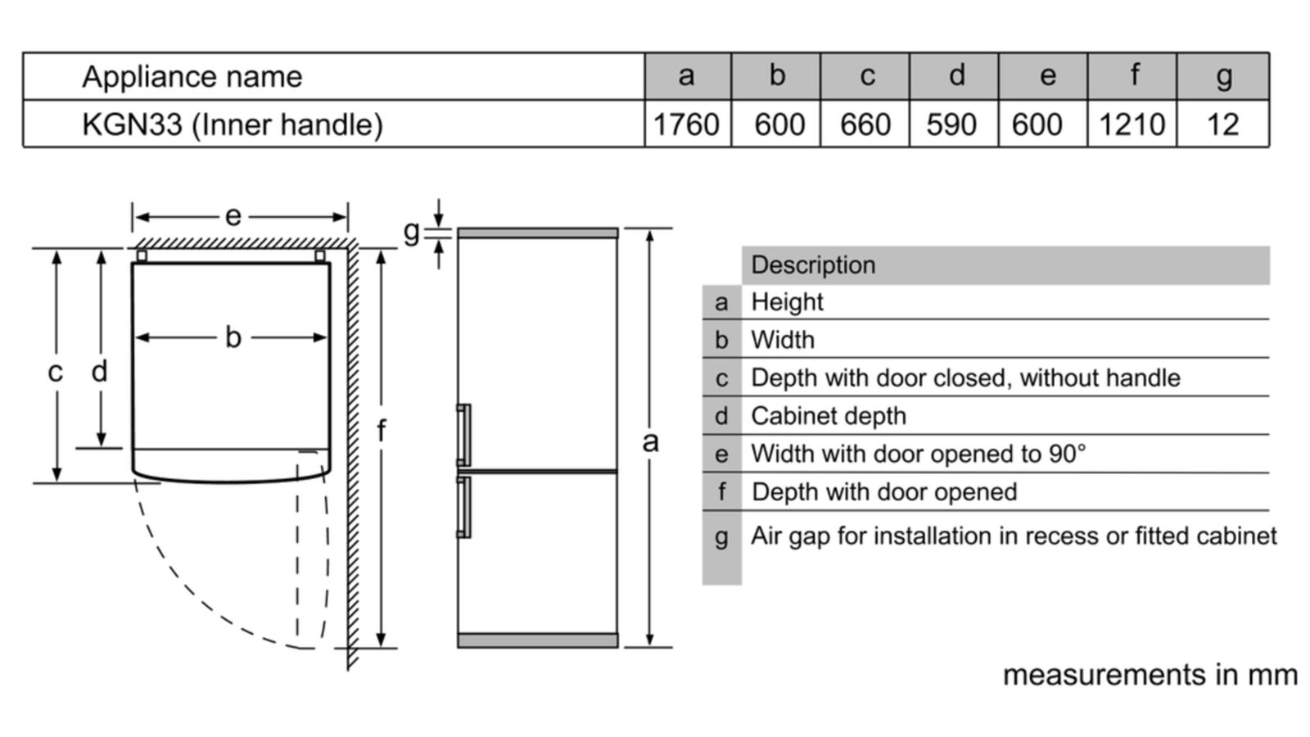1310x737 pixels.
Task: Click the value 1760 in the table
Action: pos(686,124)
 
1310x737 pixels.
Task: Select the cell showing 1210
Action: pos(1132,124)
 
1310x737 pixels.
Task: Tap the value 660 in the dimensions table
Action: pos(865,124)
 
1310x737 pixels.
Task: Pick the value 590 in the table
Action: pos(951,124)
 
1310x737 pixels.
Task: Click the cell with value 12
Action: pos(1222,124)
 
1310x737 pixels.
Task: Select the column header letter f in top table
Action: pos(1134,76)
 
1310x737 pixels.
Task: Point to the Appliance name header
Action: pos(192,77)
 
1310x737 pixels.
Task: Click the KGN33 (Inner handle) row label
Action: pos(233,124)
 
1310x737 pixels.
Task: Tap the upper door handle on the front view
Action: pos(464,434)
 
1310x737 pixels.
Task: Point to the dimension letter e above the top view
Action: pos(233,216)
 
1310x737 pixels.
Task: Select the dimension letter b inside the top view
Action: pos(233,337)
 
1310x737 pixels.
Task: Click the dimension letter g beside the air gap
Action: pos(412,232)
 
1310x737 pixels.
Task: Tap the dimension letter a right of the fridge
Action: pos(650,442)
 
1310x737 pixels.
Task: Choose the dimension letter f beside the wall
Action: pos(381,431)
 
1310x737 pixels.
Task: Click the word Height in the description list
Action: pos(787,302)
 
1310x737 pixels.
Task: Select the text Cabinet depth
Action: pos(829,416)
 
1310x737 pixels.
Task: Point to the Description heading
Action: pos(813,265)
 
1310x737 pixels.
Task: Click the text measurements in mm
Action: pos(1150,675)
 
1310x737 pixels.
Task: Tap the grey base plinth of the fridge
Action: pos(537,640)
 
